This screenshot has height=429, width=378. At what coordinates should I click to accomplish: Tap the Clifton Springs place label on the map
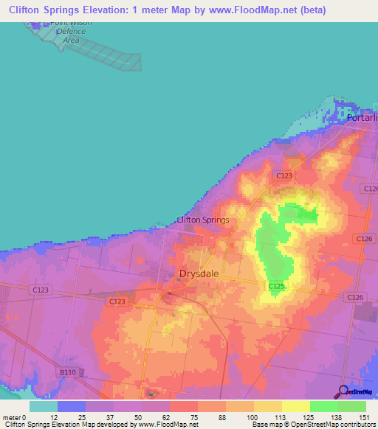click(202, 220)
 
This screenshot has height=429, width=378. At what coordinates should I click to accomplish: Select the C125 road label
click(276, 285)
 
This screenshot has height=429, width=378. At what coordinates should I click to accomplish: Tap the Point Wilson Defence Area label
click(71, 32)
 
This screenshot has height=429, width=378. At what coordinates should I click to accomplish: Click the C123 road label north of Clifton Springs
click(285, 175)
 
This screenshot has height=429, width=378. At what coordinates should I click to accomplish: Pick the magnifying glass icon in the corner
click(342, 392)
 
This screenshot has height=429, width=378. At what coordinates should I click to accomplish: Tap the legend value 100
click(252, 417)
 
